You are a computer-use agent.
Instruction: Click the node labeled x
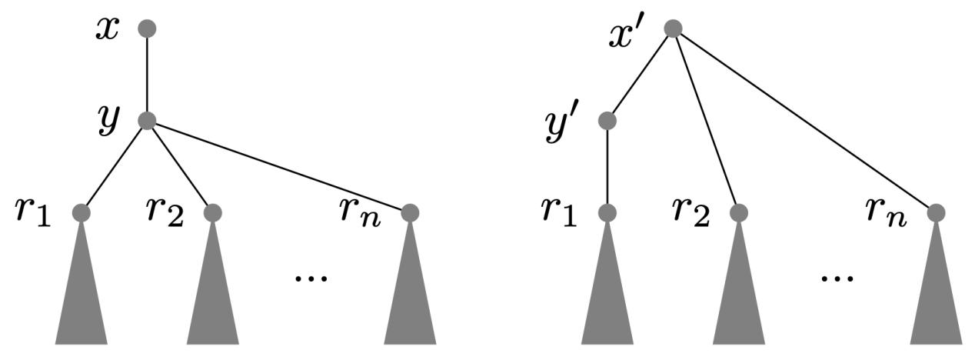(x=147, y=28)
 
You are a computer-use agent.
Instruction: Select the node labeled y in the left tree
(x=147, y=121)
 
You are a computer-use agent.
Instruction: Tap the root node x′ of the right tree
(x=673, y=28)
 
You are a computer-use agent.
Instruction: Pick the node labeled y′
(x=607, y=121)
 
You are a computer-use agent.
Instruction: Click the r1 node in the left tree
(x=82, y=212)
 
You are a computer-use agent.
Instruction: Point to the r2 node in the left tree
(x=213, y=212)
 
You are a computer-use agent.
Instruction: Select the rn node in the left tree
(x=410, y=212)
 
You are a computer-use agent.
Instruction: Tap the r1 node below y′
(x=607, y=212)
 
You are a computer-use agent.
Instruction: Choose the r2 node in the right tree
(x=738, y=212)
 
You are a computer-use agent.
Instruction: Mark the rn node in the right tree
(x=936, y=212)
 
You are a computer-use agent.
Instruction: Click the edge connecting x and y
(x=147, y=75)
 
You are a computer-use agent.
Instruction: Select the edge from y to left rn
(x=278, y=166)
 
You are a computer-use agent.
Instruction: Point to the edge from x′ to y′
(x=640, y=75)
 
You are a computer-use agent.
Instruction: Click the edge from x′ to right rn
(x=804, y=121)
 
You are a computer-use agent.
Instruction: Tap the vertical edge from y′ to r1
(x=607, y=166)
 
